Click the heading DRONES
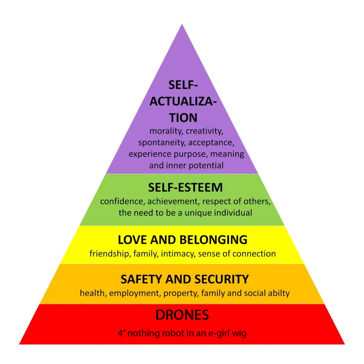[x=182, y=315]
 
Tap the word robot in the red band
[x=173, y=333]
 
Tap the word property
[x=181, y=294]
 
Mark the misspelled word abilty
[x=279, y=293]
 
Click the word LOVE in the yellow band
[x=133, y=240]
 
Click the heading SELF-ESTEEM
[x=185, y=187]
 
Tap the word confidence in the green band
[x=123, y=201]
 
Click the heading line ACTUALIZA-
[x=183, y=101]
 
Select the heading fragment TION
[x=183, y=118]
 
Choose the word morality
[x=166, y=131]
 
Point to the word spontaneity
[x=162, y=143]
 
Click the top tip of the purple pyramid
[x=182, y=24]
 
